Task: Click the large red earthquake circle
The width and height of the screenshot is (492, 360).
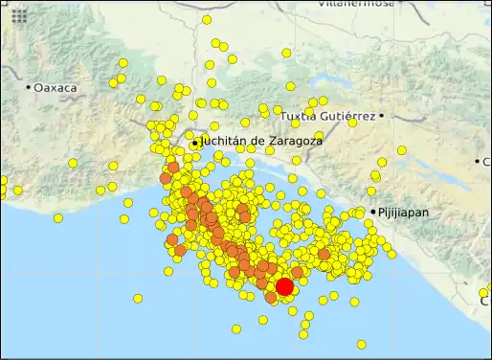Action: (284, 287)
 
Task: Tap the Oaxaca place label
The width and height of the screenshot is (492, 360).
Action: (56, 87)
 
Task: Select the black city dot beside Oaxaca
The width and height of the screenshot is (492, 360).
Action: (29, 87)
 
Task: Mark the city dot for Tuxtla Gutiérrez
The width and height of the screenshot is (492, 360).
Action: (381, 116)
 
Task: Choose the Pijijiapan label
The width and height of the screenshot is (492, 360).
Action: (404, 212)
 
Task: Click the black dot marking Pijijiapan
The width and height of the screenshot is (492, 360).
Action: (373, 212)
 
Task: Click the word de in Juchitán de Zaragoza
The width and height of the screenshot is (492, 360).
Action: (254, 140)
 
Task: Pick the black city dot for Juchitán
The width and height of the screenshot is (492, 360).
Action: (195, 144)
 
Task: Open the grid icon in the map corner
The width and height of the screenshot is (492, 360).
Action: (19, 16)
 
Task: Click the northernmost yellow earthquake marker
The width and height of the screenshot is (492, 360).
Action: (207, 19)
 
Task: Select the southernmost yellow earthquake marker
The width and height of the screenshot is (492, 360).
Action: (361, 344)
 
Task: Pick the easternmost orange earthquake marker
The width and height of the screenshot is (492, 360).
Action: (324, 254)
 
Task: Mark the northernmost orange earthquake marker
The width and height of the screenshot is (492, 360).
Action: (173, 168)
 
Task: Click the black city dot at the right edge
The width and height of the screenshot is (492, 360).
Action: (477, 161)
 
